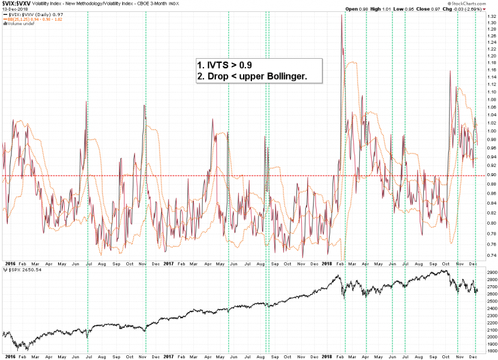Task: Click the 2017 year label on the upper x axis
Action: pos(168,262)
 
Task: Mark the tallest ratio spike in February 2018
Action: pos(341,15)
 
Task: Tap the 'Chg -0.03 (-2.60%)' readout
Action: pos(463,9)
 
